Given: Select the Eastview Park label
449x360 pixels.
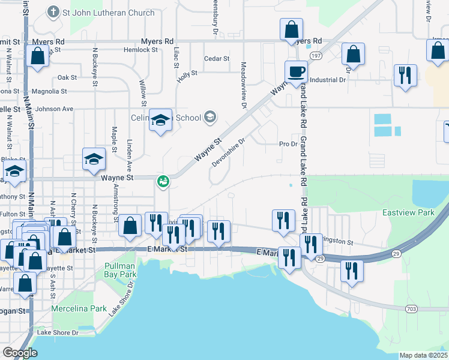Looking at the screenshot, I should tap(408, 213).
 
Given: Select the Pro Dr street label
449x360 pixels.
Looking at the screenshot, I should tap(288, 144).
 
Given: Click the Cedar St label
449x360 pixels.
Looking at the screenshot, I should tap(217, 59).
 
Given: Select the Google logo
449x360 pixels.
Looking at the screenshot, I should tap(20, 353).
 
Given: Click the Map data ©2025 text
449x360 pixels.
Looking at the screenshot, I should tap(423, 355).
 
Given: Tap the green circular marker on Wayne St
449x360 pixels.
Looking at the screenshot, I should tap(163, 181).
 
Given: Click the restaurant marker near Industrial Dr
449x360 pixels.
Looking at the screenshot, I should tap(405, 76).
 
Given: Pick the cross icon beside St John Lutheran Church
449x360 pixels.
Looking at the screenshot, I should tap(52, 12).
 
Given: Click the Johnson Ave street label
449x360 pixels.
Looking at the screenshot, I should tap(54, 109).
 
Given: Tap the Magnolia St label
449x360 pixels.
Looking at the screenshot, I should tap(49, 91).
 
